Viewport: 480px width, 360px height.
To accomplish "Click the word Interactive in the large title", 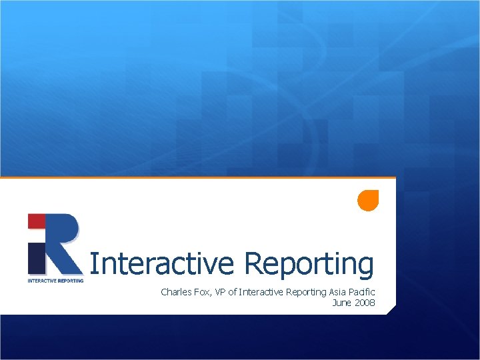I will (162, 263).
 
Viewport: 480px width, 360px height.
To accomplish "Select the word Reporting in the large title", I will (309, 265).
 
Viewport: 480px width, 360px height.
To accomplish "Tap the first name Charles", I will (175, 292).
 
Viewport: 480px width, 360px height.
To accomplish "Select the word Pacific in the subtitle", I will (364, 292).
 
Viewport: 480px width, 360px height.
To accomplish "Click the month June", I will (342, 303).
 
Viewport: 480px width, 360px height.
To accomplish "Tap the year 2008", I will (365, 303).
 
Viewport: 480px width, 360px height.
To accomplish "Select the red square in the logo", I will (36, 221).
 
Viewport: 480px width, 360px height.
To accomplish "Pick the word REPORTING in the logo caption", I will (70, 281).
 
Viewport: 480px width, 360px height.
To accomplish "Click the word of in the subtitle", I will (233, 292).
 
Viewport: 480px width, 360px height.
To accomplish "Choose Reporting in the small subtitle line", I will (306, 292).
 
